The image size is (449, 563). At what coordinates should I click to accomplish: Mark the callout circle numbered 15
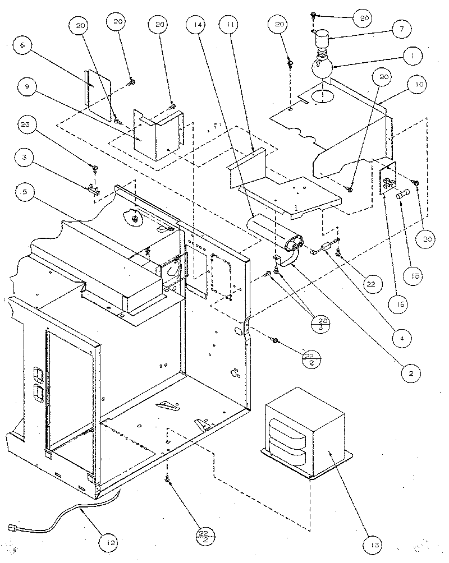(415, 276)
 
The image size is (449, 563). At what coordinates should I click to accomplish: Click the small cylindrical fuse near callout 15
(403, 196)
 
